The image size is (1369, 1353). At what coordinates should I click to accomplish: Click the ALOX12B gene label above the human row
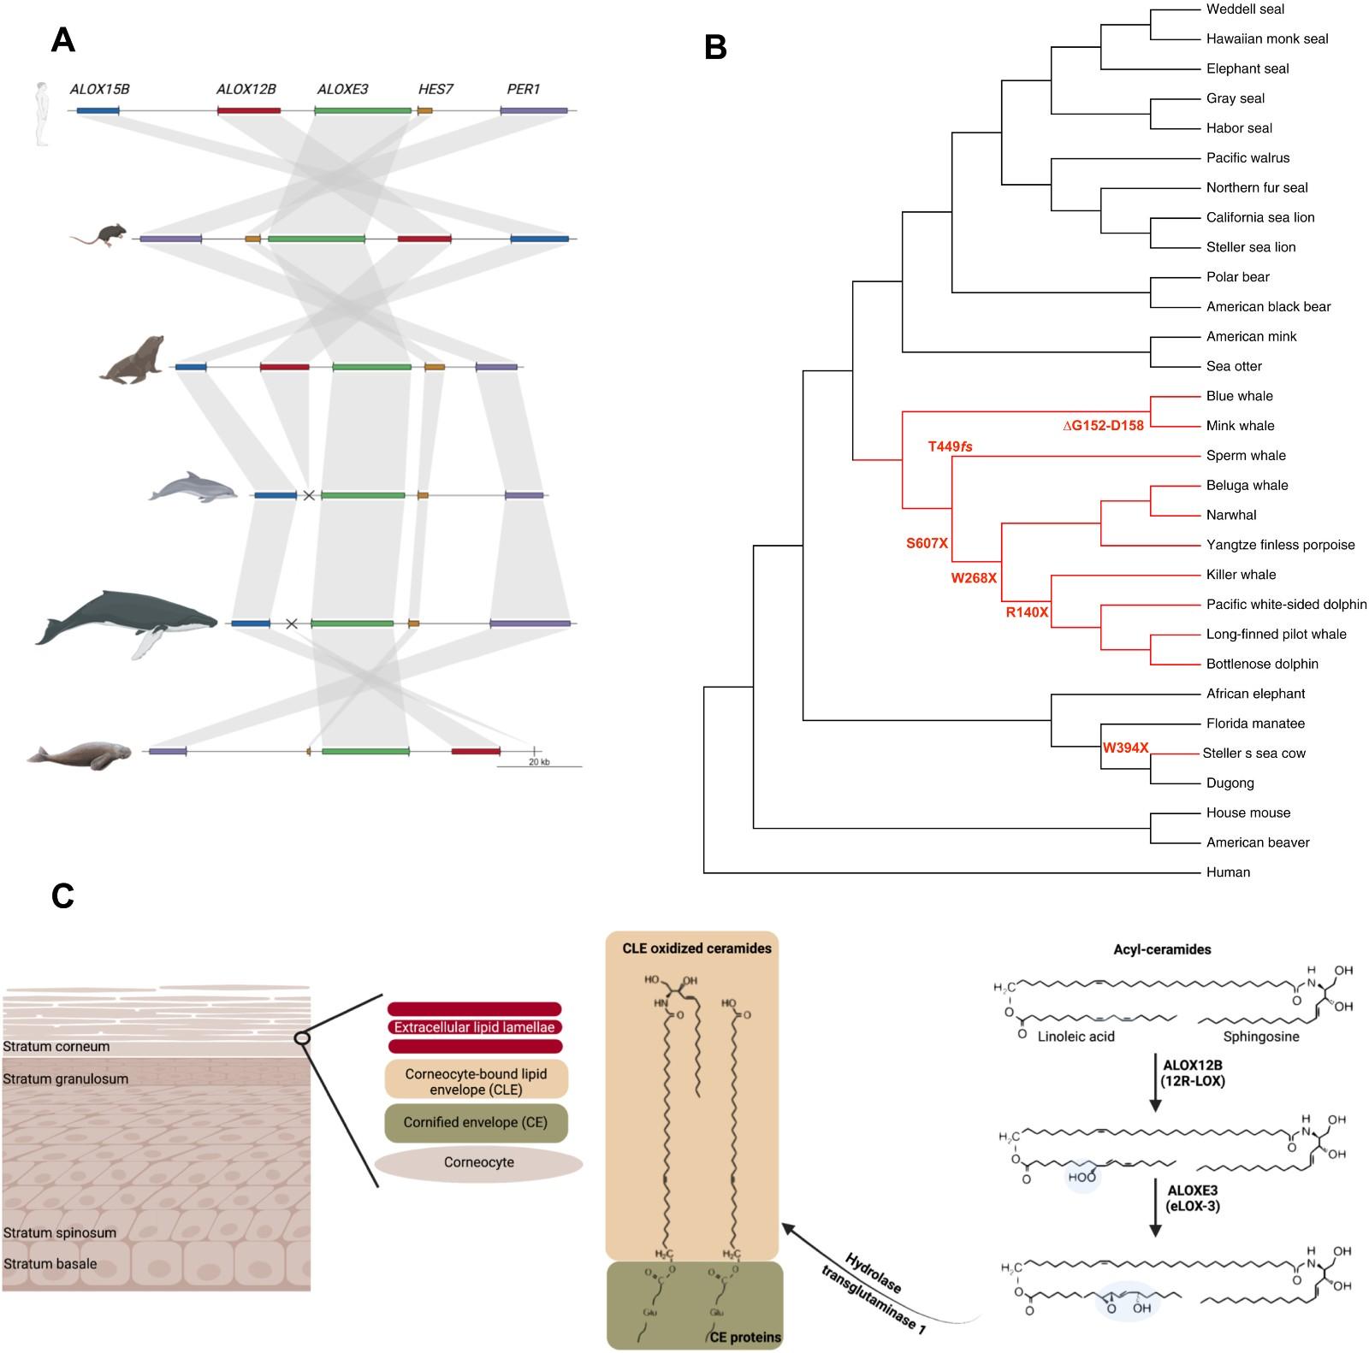pyautogui.click(x=246, y=89)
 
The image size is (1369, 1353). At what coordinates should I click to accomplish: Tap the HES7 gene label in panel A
pyautogui.click(x=436, y=89)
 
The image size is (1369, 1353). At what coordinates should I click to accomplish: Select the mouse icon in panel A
pyautogui.click(x=99, y=234)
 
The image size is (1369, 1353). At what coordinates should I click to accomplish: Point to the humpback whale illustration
pyautogui.click(x=127, y=621)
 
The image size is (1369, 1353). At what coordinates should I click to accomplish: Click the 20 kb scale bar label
pyautogui.click(x=539, y=762)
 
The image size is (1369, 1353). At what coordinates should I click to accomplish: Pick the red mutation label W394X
pyautogui.click(x=1125, y=748)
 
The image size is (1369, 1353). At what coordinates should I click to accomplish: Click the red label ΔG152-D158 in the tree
pyautogui.click(x=1103, y=426)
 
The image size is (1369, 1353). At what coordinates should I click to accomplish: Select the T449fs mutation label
pyautogui.click(x=950, y=446)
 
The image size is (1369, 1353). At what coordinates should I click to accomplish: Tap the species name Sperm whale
pyautogui.click(x=1246, y=456)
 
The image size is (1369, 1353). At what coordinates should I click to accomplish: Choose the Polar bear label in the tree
pyautogui.click(x=1237, y=277)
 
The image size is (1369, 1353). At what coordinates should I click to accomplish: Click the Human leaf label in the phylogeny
pyautogui.click(x=1228, y=872)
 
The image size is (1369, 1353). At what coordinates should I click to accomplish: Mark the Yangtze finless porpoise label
pyautogui.click(x=1280, y=545)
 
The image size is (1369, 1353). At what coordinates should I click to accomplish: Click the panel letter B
pyautogui.click(x=715, y=48)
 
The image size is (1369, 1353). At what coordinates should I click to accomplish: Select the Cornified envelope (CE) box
pyautogui.click(x=475, y=1123)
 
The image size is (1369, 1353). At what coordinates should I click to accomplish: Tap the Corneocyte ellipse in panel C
pyautogui.click(x=478, y=1163)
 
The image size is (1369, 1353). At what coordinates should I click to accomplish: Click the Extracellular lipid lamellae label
pyautogui.click(x=475, y=1028)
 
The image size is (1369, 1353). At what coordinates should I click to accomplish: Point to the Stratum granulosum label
pyautogui.click(x=66, y=1079)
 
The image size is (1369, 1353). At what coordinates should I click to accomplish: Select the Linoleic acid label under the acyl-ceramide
pyautogui.click(x=1076, y=1037)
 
